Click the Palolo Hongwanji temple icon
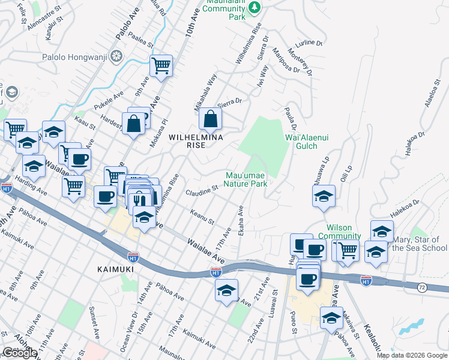coord(116,57)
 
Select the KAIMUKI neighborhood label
coord(115,269)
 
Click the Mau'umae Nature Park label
coord(246,179)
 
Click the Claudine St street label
coord(201,191)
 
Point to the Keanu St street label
coord(202,218)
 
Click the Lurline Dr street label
coord(310,44)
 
